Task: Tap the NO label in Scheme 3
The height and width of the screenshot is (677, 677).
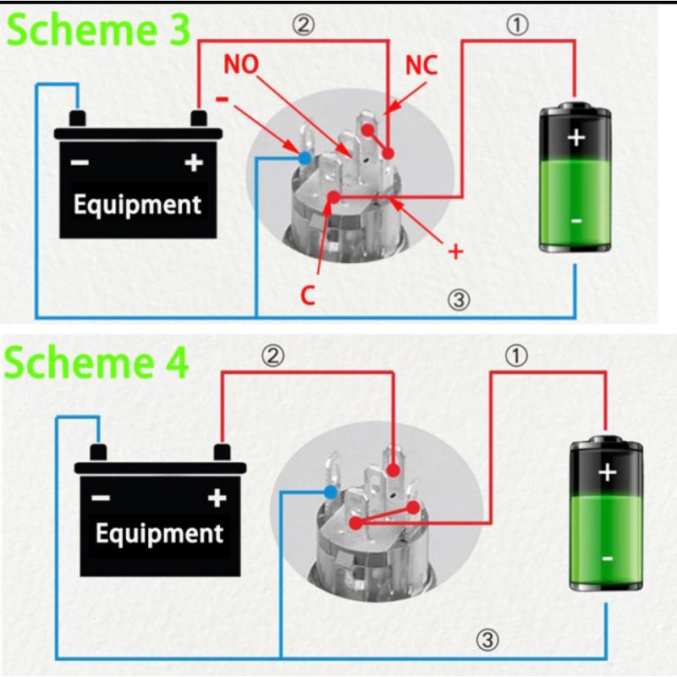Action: [x=241, y=65]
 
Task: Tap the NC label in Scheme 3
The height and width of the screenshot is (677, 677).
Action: [x=421, y=65]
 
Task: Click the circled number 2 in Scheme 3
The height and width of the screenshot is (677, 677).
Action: [x=303, y=25]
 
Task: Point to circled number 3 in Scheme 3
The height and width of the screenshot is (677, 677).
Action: [x=457, y=300]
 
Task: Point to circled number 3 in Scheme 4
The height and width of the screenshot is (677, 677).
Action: [x=487, y=640]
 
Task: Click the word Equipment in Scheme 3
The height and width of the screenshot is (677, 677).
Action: [x=137, y=204]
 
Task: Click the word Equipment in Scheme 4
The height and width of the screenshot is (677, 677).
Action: [x=159, y=533]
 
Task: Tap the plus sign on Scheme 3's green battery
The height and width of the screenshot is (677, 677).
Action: [x=575, y=136]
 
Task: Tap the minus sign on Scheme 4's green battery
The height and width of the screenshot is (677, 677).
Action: [x=607, y=559]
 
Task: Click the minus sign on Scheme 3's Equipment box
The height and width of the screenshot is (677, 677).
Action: [x=79, y=163]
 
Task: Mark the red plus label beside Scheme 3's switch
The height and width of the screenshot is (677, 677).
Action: [x=455, y=251]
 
